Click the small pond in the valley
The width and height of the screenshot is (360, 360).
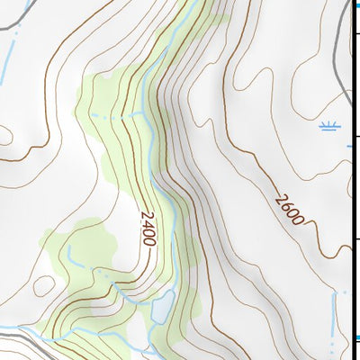(x=162, y=307)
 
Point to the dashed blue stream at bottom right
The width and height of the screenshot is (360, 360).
(x=339, y=319)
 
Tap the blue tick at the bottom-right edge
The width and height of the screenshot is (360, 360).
(x=355, y=338)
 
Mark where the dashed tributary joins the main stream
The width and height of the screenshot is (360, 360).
(x=145, y=114)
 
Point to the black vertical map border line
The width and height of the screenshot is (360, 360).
(x=350, y=180)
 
